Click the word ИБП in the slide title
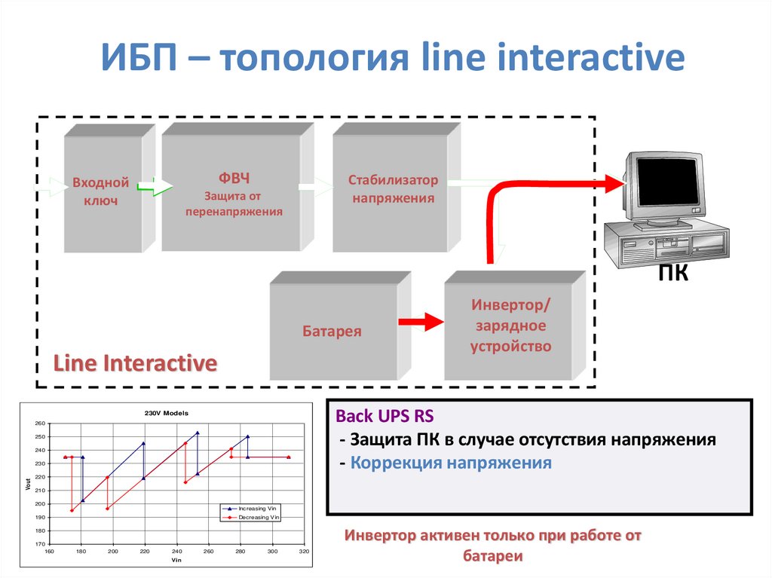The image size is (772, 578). pyautogui.click(x=142, y=58)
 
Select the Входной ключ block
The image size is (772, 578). pyautogui.click(x=101, y=192)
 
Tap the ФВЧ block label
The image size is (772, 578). pyautogui.click(x=234, y=179)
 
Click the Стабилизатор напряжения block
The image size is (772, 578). pyautogui.click(x=392, y=190)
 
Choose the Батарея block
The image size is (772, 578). pyautogui.click(x=332, y=331)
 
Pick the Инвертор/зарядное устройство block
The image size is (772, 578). pyautogui.click(x=511, y=326)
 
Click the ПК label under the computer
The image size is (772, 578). pyautogui.click(x=672, y=273)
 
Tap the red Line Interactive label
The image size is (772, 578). pyautogui.click(x=135, y=363)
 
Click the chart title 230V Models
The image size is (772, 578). pyautogui.click(x=167, y=413)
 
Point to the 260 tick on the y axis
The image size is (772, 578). pyautogui.click(x=39, y=424)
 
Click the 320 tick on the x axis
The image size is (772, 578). pyautogui.click(x=305, y=552)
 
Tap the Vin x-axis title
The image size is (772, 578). pyautogui.click(x=176, y=561)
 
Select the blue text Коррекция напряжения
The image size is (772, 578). pyautogui.click(x=451, y=462)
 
